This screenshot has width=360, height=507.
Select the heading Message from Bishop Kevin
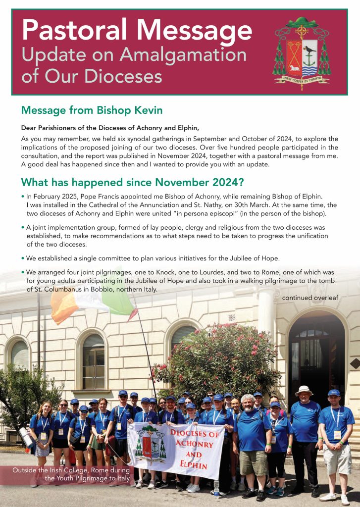(92, 110)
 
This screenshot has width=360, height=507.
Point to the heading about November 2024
(132, 182)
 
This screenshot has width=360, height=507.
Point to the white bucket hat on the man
(303, 390)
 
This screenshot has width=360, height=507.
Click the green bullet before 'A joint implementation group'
(23, 227)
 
